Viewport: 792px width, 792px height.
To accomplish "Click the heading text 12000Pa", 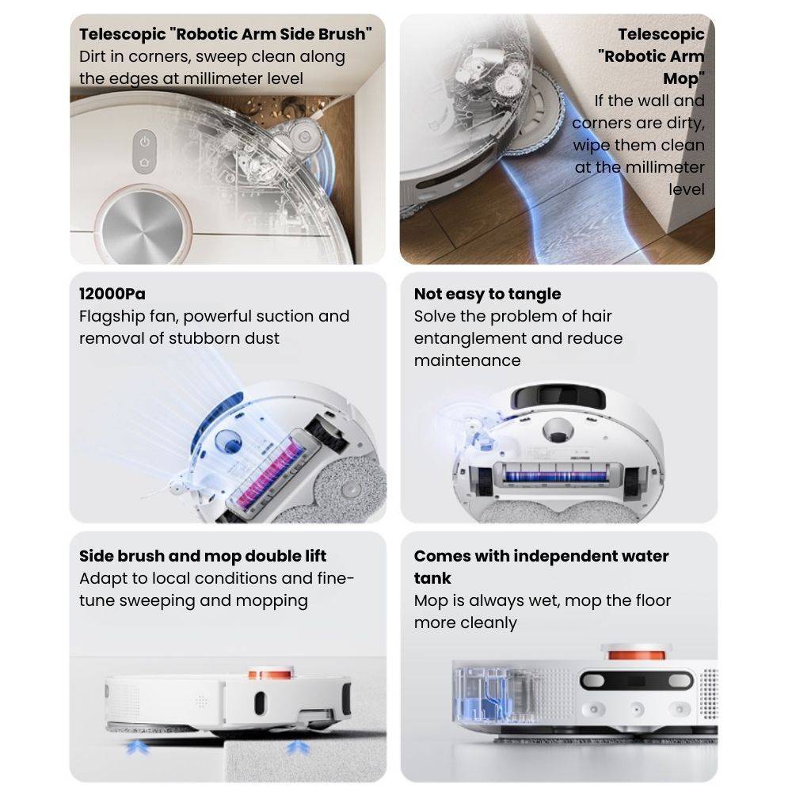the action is [112, 294].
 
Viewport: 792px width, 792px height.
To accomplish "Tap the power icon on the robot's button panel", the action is [144, 142].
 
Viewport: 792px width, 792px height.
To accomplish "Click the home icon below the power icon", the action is [144, 162].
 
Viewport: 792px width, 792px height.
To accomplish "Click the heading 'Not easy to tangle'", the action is [487, 294].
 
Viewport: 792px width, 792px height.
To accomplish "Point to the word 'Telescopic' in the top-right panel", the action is [661, 34].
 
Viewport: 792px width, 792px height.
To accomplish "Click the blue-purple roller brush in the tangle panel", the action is [556, 476].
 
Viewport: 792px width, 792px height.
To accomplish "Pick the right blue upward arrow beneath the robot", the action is [298, 748].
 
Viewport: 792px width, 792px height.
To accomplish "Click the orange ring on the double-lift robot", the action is [270, 672].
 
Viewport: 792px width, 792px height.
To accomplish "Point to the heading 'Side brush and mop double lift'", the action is [203, 556].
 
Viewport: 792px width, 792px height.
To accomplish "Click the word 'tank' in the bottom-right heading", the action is [432, 578].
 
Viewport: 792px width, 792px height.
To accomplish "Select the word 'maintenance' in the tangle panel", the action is [467, 360].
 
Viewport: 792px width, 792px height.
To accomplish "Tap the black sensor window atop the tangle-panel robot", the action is [558, 397].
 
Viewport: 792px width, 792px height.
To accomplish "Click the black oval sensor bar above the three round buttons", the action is [637, 680].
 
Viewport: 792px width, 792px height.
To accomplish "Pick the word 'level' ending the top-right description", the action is [687, 189].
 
